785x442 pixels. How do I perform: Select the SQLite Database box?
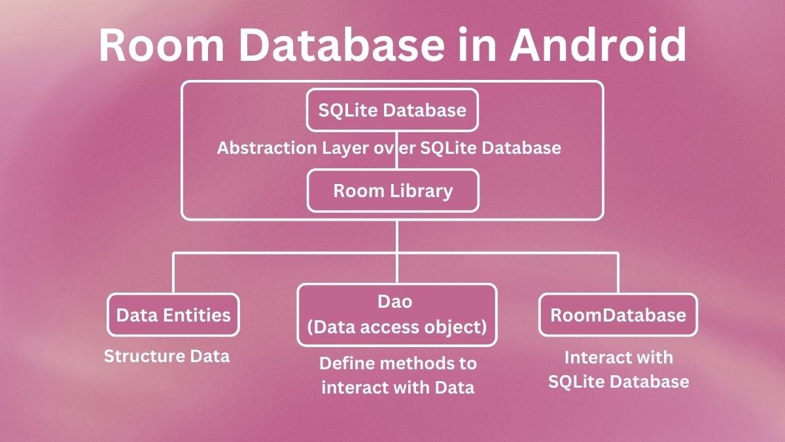(392, 110)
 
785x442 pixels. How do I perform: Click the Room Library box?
(392, 191)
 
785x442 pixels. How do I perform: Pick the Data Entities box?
(173, 315)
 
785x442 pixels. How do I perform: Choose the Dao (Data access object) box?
(397, 315)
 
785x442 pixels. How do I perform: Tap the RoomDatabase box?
(618, 315)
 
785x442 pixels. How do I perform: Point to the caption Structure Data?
(167, 357)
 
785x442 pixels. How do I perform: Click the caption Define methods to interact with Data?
(397, 375)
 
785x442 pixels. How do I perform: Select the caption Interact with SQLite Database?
(618, 369)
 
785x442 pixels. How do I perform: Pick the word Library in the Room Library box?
(422, 191)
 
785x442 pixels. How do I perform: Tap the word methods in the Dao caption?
(408, 363)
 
